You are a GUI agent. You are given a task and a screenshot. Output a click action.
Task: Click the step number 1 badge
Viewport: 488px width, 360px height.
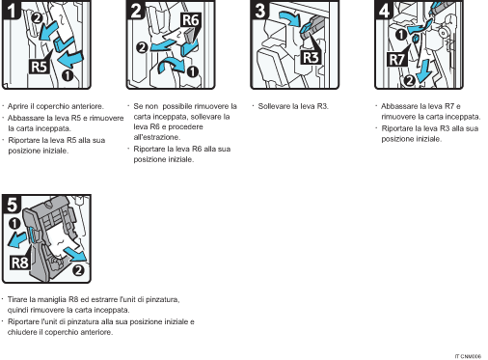(x=11, y=11)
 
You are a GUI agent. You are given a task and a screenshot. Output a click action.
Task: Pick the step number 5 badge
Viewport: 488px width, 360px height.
(x=11, y=205)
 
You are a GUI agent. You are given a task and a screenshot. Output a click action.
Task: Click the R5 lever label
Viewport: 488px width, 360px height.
(x=39, y=68)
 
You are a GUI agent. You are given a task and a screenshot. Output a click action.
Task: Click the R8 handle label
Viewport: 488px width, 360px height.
(x=18, y=262)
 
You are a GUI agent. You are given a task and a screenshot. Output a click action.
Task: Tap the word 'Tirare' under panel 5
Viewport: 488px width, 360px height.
(x=19, y=299)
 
